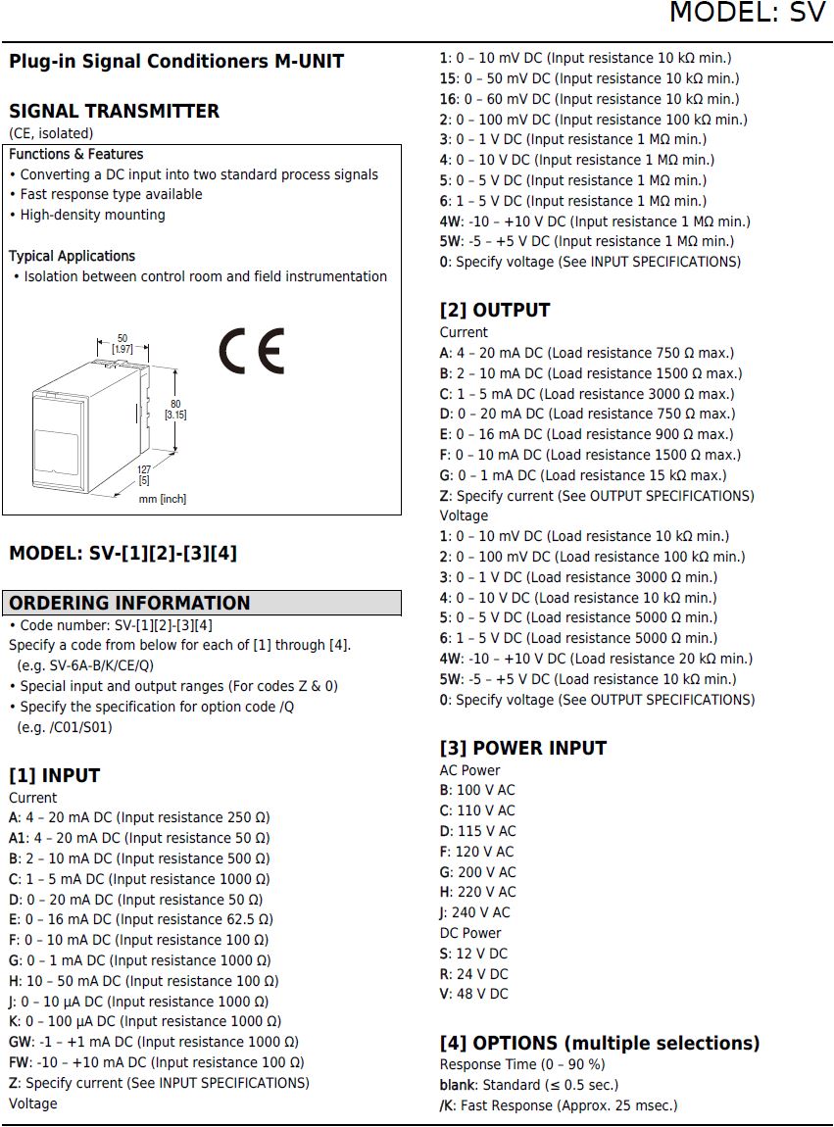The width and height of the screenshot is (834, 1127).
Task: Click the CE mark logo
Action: tap(251, 350)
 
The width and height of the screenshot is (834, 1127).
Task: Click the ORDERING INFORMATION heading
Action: tap(130, 603)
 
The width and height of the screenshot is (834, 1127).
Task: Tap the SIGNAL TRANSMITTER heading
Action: tap(114, 111)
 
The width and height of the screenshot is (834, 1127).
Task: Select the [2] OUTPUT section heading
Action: tap(494, 310)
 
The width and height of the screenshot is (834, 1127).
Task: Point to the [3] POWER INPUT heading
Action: tap(522, 748)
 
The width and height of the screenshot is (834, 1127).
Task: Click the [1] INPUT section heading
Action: tap(55, 775)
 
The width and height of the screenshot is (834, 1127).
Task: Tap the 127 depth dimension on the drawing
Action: tap(144, 474)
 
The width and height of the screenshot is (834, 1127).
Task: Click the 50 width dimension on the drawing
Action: tap(123, 343)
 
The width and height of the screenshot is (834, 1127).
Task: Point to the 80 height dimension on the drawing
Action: tap(175, 409)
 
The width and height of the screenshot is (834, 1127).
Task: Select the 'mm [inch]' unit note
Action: tap(163, 499)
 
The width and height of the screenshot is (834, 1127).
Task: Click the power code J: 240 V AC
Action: tap(475, 912)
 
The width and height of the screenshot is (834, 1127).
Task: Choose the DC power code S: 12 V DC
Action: tap(473, 954)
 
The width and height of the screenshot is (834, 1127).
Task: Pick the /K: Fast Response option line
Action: tap(558, 1105)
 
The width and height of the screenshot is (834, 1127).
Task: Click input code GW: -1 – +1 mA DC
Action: tap(154, 1042)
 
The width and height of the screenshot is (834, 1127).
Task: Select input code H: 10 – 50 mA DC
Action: tap(143, 981)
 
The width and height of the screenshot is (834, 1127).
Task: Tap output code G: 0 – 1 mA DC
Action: tap(582, 475)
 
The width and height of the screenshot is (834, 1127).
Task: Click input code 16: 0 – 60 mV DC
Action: tap(589, 99)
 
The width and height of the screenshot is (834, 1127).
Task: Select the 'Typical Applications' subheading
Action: tap(73, 256)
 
